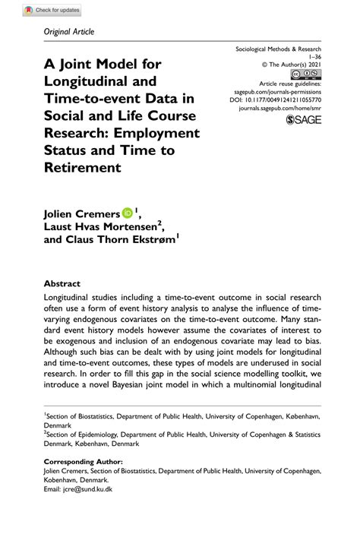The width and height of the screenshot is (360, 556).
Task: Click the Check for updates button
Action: (52, 11)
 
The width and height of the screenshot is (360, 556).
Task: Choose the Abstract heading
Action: (62, 283)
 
